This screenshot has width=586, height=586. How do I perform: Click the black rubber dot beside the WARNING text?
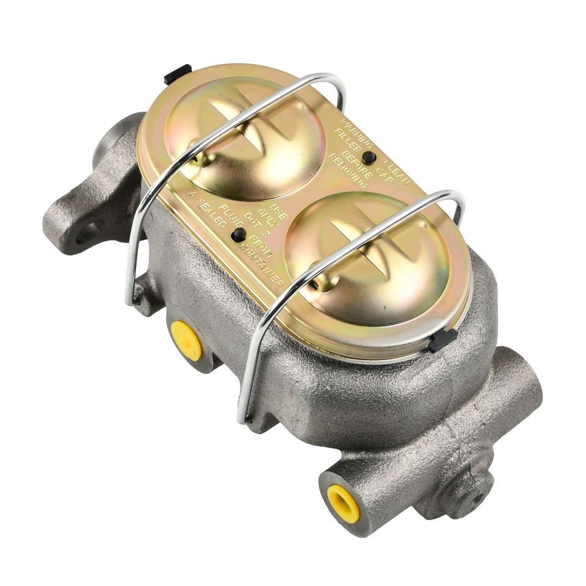coord(368,157)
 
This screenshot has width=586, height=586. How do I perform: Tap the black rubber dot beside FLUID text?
coord(239,234)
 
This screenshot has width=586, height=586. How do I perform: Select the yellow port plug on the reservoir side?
coord(186,339)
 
